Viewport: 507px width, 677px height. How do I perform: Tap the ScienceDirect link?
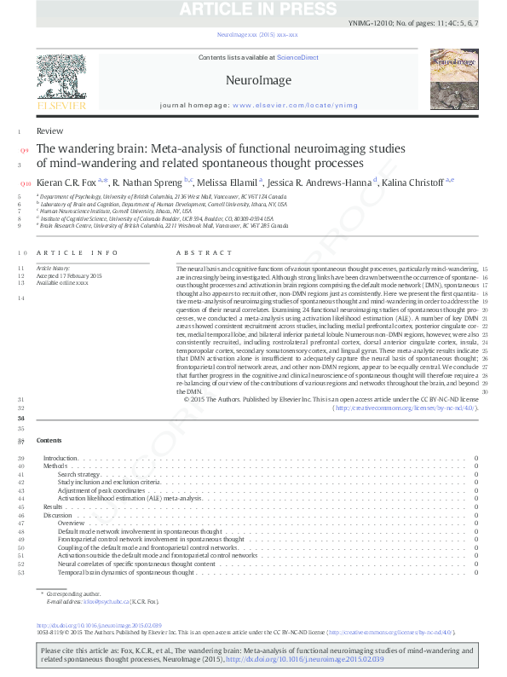point(297,57)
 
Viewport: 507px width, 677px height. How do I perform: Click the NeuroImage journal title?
point(258,81)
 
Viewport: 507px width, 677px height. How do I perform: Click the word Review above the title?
point(49,130)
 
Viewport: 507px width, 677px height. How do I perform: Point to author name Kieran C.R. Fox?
point(69,182)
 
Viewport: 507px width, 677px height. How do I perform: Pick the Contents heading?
point(49,440)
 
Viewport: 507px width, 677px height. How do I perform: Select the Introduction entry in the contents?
point(60,459)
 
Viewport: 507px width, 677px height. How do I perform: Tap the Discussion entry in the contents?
point(58,515)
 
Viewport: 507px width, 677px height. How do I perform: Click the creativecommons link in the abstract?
point(405,408)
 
